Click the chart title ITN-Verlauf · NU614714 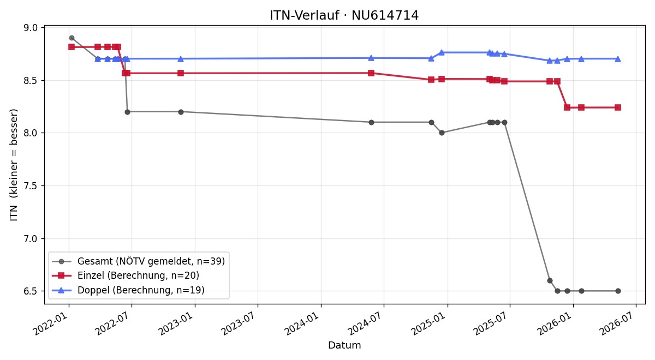344,15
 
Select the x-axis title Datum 344,345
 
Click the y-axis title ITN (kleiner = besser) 14,165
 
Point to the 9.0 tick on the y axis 31,28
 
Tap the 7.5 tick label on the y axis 31,186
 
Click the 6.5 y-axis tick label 31,291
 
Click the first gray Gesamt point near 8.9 72,38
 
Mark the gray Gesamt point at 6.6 550,281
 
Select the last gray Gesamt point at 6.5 618,291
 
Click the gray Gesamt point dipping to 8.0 442,133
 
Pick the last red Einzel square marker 618,107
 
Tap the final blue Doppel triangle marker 618,59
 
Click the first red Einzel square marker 72,47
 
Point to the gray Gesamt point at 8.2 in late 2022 181,112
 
